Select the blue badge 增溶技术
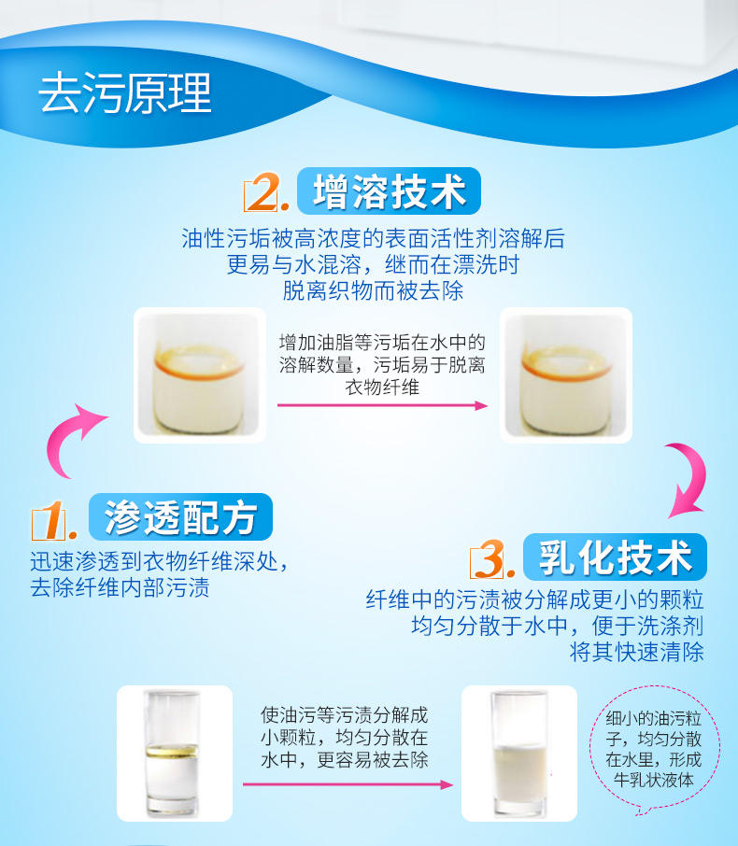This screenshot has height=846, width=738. click(x=389, y=191)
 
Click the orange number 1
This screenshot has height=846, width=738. click(x=51, y=521)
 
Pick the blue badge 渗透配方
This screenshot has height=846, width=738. click(x=180, y=517)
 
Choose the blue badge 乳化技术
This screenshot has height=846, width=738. click(x=615, y=557)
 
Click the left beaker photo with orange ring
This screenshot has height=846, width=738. click(x=199, y=375)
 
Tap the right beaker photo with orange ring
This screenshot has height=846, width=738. click(x=566, y=375)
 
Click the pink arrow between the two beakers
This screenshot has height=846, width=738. click(x=382, y=405)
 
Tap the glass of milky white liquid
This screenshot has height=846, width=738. click(x=519, y=754)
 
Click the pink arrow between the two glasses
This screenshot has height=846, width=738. click(x=348, y=784)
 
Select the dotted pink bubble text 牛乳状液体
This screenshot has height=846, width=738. click(x=653, y=780)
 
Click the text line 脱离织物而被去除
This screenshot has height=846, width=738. click(x=373, y=290)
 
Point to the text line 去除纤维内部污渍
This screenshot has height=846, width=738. click(x=120, y=587)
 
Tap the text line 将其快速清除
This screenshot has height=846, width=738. click(x=636, y=653)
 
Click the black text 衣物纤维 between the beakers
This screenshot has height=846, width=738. click(x=382, y=387)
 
